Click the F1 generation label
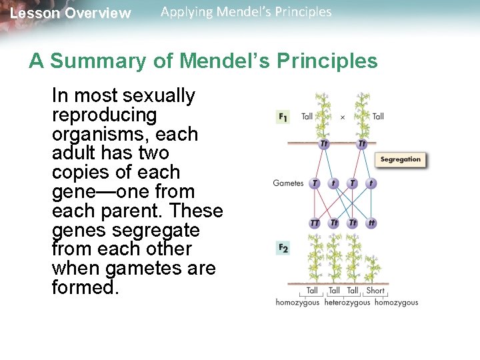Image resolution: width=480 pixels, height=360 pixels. click(283, 117)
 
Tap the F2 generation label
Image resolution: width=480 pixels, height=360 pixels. click(283, 248)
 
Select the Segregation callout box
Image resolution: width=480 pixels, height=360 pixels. click(401, 159)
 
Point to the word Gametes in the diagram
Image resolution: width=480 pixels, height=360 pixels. click(288, 183)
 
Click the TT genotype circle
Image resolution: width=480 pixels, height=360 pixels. click(315, 223)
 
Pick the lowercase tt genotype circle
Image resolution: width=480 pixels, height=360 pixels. click(372, 223)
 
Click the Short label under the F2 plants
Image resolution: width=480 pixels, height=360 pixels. click(375, 291)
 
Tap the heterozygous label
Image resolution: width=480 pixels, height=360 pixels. click(347, 303)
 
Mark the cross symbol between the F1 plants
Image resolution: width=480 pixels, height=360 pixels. click(343, 117)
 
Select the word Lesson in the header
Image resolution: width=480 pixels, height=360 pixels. click(33, 13)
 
